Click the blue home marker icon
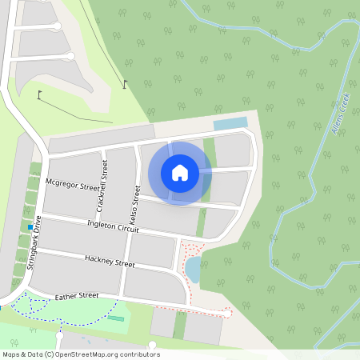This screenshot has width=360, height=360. click(180, 173)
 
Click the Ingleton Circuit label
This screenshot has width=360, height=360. click(113, 226)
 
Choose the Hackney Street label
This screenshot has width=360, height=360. click(110, 261)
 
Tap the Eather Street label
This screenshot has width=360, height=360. click(76, 297)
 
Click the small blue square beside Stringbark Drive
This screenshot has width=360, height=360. click(30, 228)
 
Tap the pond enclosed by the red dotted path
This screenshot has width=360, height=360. click(193, 269)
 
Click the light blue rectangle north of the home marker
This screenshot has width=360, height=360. click(230, 124)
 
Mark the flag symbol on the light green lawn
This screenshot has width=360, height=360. click(39, 95)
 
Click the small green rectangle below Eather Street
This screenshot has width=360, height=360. click(116, 318)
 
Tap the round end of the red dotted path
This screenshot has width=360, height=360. click(230, 312)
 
